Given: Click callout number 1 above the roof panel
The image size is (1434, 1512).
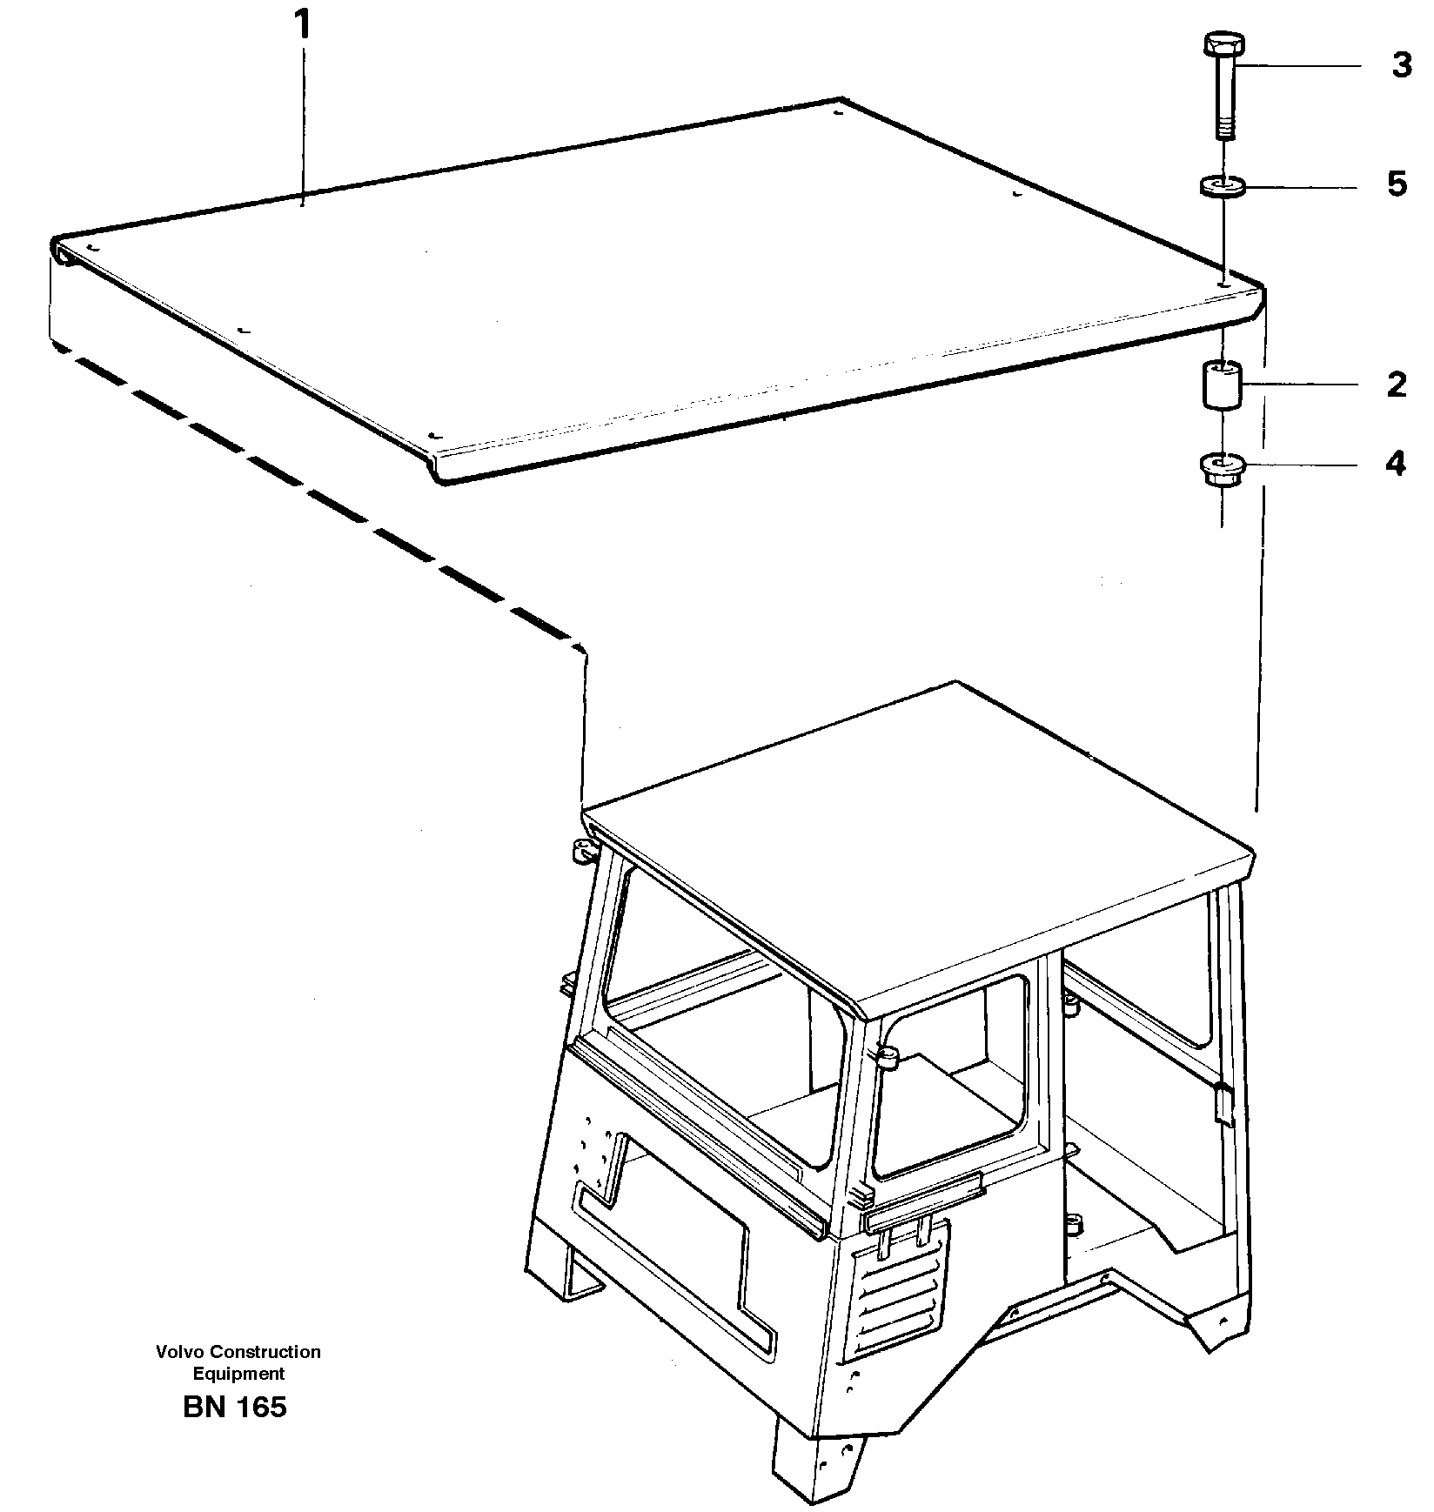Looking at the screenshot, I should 302,25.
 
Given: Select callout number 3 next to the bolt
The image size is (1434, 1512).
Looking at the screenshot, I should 1401,65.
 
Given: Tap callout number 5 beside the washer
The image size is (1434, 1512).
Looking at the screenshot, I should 1397,184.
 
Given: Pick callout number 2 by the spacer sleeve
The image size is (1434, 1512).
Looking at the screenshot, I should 1397,384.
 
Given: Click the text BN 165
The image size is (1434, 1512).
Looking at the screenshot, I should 235,1406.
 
